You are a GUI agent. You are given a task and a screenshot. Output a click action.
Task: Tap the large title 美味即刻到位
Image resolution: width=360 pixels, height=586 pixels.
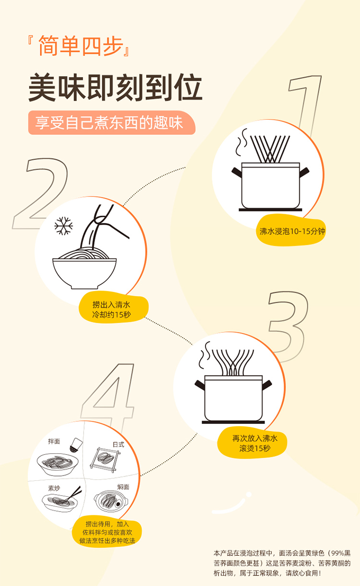115,87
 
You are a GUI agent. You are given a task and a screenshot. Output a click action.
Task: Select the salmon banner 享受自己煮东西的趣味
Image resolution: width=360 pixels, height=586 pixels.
112,122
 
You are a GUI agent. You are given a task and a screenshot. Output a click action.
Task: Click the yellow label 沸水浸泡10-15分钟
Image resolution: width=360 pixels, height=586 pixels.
291,231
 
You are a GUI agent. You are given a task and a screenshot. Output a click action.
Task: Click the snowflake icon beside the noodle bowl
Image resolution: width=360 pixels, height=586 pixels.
63,226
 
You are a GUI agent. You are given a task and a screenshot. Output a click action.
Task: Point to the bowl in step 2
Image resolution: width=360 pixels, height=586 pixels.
84,273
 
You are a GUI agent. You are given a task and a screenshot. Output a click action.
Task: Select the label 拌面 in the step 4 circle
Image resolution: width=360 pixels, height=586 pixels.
54,441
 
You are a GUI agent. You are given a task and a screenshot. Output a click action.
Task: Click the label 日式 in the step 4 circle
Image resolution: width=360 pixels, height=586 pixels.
119,444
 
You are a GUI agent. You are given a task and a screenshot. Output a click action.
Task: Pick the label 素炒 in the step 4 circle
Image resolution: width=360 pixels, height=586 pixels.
54,488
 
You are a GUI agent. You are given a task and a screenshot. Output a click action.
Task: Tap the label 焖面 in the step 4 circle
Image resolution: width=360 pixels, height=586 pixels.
123,487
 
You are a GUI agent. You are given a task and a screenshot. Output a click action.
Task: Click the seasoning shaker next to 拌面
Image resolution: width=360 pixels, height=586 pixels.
76,445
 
